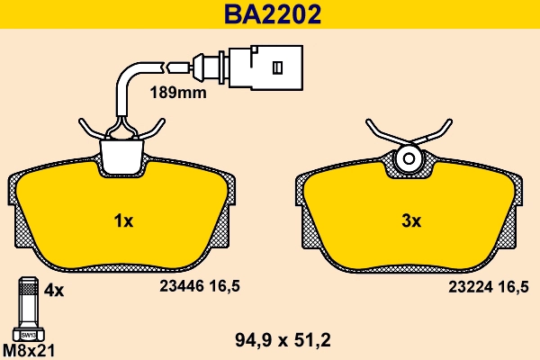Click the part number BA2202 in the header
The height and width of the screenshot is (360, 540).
coord(270,14)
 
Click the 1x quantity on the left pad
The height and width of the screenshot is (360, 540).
coord(123,220)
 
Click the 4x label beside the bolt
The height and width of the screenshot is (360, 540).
coord(54,290)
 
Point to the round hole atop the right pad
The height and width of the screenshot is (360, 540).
coord(408,159)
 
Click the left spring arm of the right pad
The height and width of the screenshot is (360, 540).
coord(381,135)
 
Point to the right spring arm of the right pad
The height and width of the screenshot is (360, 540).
coord(436,135)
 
